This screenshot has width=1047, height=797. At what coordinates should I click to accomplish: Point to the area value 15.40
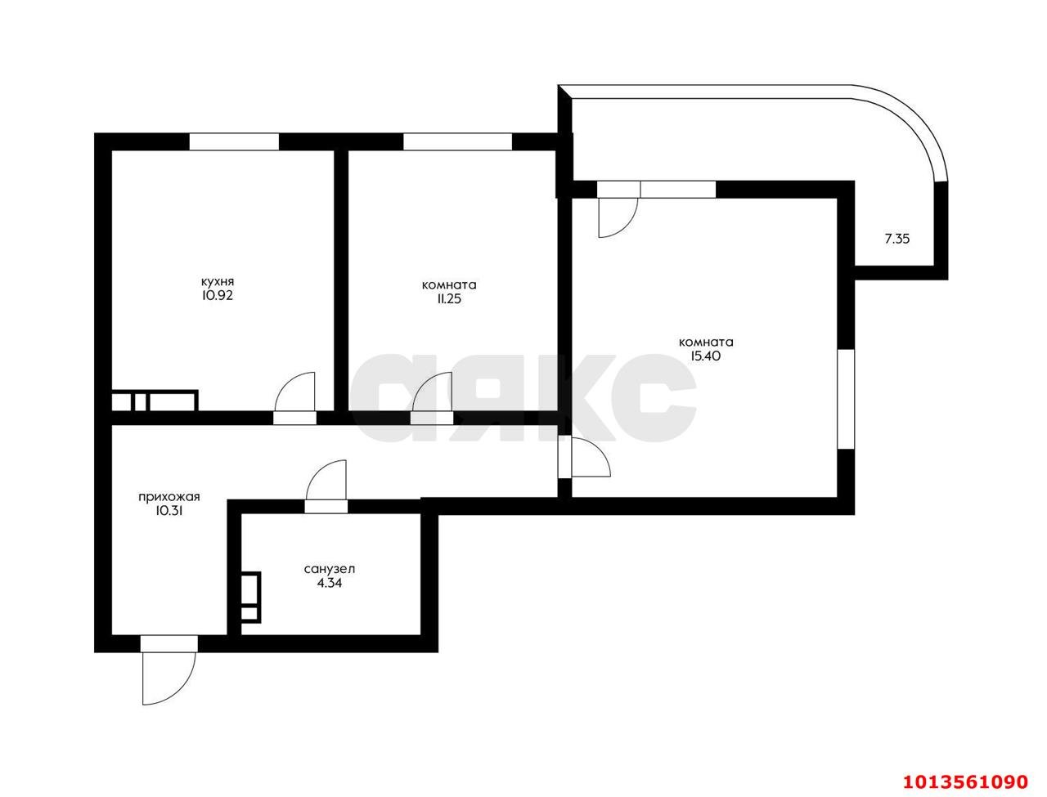click(705, 356)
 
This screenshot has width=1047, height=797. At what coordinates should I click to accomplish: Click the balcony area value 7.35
click(897, 240)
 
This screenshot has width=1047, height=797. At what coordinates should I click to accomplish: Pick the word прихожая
click(169, 496)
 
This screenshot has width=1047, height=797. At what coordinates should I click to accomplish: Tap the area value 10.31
click(169, 511)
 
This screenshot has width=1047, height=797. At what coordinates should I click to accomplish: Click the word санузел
click(330, 569)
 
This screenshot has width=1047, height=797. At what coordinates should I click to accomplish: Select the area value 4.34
click(330, 584)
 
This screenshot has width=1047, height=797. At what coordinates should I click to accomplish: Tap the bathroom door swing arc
click(328, 479)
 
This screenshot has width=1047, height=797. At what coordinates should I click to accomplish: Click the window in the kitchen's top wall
click(234, 141)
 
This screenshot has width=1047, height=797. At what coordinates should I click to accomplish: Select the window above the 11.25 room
click(457, 141)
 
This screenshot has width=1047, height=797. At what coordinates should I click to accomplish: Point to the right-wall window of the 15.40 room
click(846, 398)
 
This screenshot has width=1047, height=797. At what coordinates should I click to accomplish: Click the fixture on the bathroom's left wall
click(249, 598)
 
